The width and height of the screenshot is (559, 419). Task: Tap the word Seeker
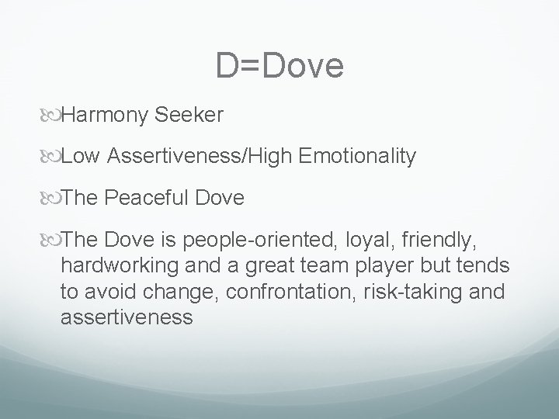coord(189,116)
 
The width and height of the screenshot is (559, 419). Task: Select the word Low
coord(81,158)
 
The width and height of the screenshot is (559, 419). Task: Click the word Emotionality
coord(356,158)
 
